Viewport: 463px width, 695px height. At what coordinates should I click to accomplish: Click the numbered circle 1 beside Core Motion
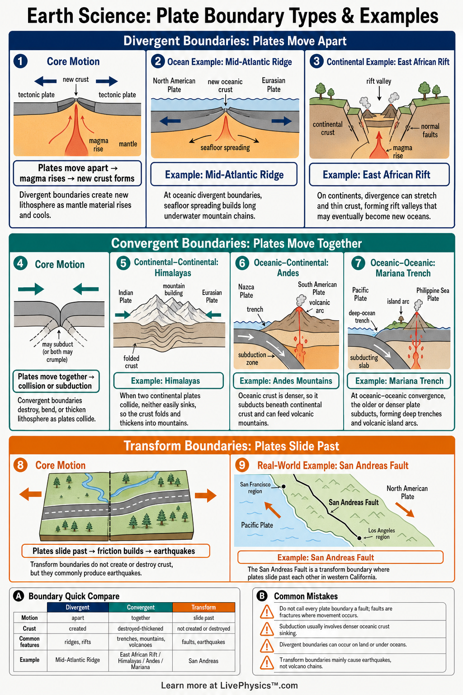(20, 61)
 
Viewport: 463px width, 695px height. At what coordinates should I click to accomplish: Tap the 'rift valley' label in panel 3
(378, 81)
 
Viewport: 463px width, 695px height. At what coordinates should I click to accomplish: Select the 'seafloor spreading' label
(225, 148)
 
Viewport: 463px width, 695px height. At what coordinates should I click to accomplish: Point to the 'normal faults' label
(430, 130)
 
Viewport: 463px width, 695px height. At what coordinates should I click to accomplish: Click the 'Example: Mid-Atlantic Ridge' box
(224, 174)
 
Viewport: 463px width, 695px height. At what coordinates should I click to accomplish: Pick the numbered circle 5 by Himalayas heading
(123, 263)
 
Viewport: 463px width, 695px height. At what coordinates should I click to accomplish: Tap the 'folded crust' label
(131, 362)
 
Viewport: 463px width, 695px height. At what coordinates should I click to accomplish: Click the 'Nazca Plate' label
(246, 291)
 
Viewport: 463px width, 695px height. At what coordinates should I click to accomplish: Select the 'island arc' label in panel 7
(398, 301)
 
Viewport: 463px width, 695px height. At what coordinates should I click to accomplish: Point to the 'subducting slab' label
(364, 362)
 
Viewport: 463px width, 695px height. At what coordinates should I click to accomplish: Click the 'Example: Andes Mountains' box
(286, 381)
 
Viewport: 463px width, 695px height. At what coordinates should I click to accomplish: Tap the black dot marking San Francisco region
(283, 486)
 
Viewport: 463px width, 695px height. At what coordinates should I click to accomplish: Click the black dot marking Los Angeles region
(359, 538)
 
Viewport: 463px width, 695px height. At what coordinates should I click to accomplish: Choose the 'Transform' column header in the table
(203, 607)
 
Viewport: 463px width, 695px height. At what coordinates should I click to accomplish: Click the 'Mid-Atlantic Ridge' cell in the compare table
(77, 660)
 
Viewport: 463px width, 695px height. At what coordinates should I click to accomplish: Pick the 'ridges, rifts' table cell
(77, 642)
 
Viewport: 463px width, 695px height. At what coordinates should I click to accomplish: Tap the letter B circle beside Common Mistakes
(262, 596)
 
